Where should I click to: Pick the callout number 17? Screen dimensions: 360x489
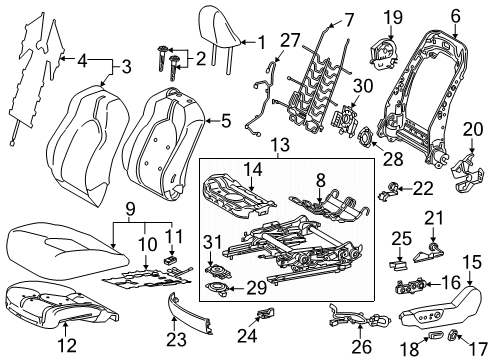[462, 350]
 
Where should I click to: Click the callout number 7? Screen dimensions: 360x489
[322, 17]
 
